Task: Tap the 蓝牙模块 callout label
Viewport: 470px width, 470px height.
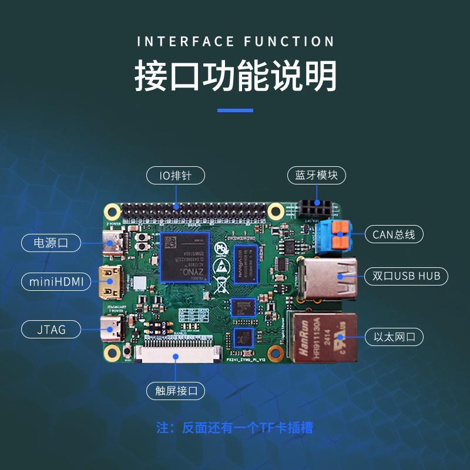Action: [317, 175]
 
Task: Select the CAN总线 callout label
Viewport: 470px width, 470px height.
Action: [394, 234]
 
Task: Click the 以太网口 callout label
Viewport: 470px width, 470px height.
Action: [394, 337]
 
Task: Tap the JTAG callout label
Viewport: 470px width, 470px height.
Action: [52, 330]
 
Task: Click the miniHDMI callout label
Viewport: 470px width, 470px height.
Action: [56, 281]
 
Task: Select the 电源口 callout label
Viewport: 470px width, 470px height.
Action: [52, 242]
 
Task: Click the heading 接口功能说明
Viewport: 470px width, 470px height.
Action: [235, 76]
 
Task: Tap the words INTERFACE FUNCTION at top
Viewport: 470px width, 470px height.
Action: [235, 42]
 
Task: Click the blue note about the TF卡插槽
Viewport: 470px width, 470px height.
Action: [235, 428]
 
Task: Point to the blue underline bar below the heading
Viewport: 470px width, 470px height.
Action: [235, 110]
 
